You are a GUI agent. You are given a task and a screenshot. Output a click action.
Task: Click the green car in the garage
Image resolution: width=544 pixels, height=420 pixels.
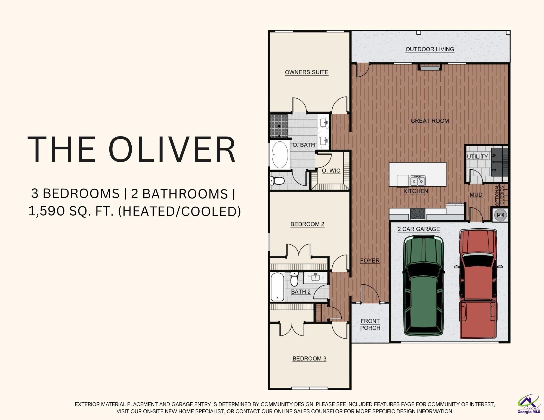tap(424, 286)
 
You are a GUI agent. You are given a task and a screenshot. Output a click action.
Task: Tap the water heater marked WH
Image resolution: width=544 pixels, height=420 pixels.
tap(500, 215)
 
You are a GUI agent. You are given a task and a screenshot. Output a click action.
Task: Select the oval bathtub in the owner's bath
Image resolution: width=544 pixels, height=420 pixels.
tap(279, 155)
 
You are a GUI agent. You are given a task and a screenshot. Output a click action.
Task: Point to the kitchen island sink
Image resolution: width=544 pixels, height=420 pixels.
tap(418, 180)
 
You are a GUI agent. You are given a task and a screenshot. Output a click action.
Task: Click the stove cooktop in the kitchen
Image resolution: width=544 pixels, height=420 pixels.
tap(418, 214)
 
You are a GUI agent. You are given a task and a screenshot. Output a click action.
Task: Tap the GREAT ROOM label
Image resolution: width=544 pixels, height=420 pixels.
tap(430, 121)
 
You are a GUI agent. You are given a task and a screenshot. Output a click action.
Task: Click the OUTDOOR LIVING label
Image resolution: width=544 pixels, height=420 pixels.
tap(430, 49)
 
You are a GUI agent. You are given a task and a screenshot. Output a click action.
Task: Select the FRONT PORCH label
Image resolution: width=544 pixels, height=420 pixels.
tap(370, 324)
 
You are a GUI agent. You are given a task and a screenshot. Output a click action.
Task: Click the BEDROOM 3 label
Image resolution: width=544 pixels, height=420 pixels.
tap(309, 359)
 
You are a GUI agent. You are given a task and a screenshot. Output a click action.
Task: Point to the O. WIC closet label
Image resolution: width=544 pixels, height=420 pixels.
tap(331, 171)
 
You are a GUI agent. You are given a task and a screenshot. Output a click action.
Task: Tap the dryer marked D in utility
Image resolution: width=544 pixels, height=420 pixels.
tap(496, 170)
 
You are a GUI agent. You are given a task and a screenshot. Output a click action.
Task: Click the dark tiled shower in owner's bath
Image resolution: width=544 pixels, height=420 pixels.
tap(279, 126)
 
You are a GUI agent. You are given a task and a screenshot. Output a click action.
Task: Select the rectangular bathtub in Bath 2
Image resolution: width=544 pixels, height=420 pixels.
tap(277, 287)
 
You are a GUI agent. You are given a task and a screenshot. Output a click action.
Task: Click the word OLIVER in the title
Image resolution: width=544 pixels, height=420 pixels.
tap(172, 150)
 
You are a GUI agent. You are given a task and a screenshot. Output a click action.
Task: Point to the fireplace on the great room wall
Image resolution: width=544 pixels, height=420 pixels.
tap(430, 67)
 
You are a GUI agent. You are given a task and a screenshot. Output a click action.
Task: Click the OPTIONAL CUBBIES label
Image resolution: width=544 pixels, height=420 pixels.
tap(500, 195)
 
